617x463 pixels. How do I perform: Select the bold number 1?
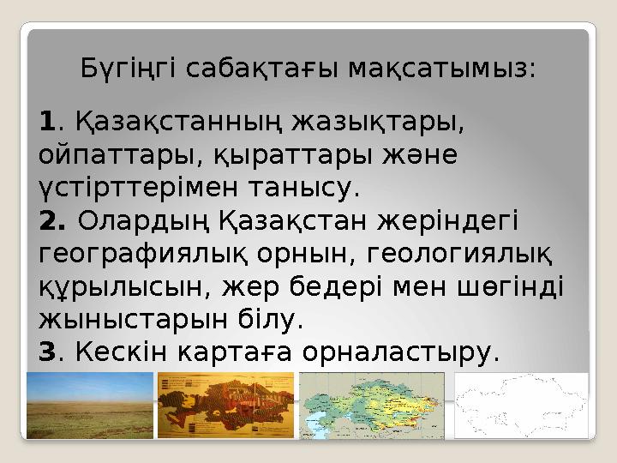pyautogui.click(x=46, y=126)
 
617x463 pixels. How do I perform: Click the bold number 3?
pyautogui.click(x=46, y=351)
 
